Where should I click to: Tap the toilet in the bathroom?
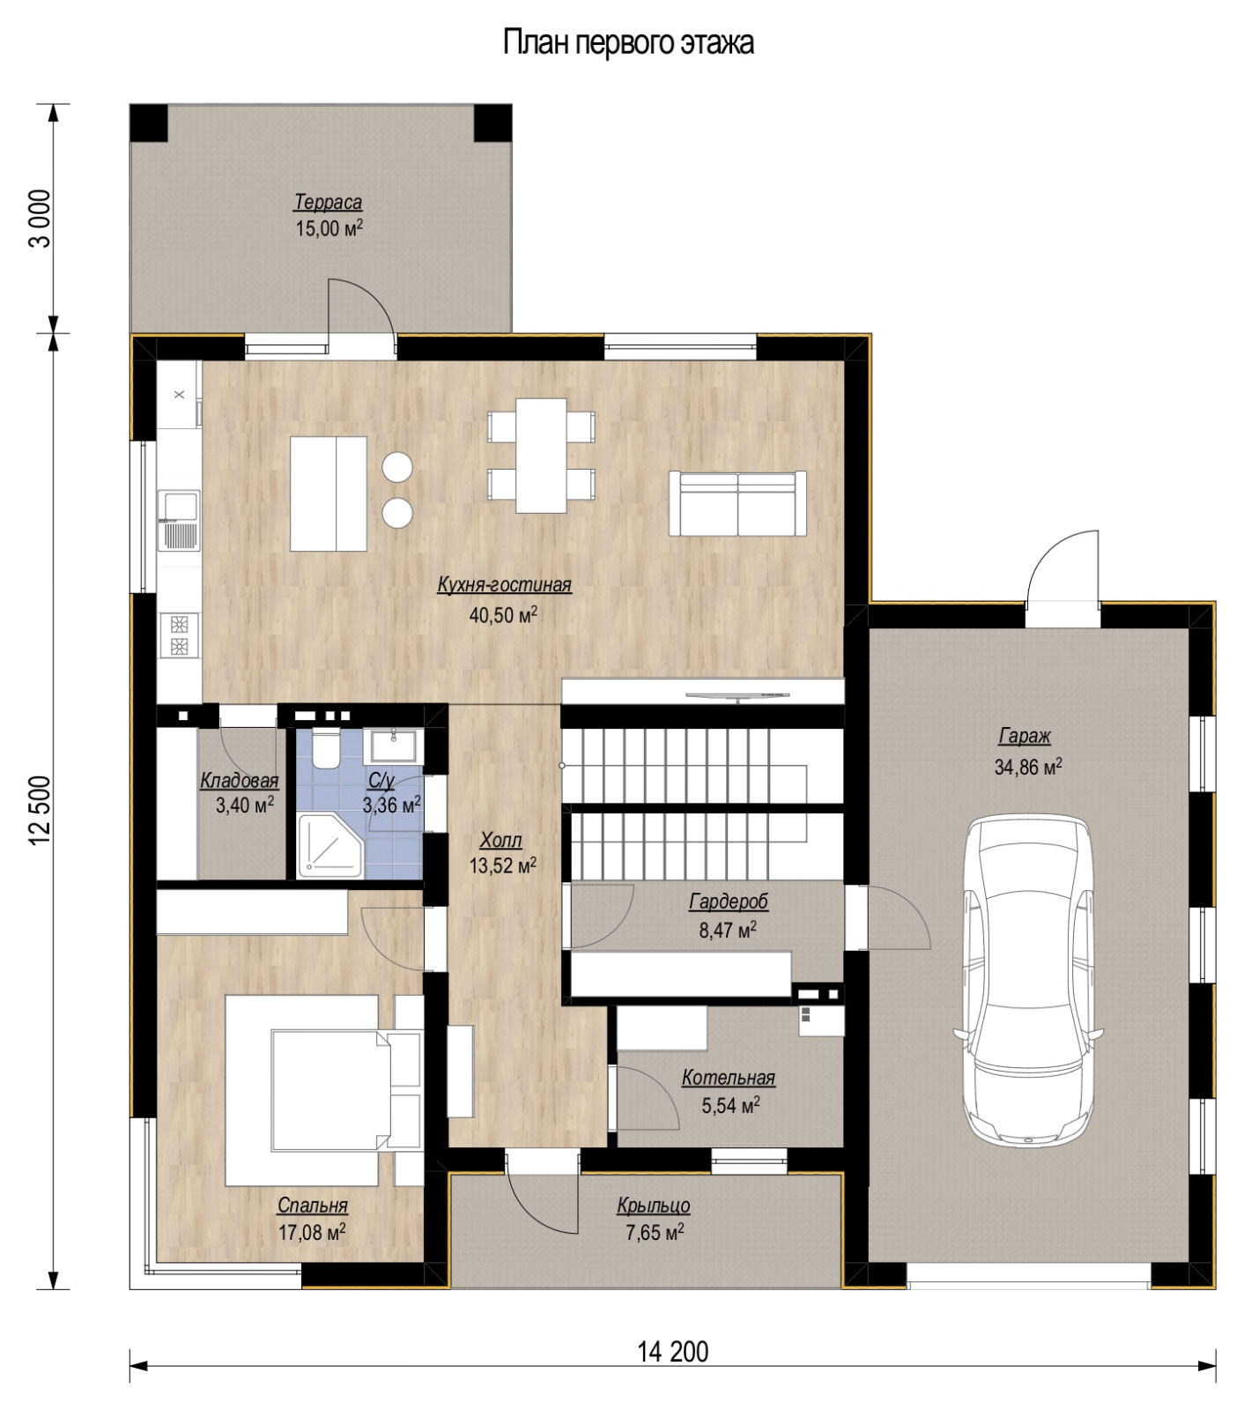pyautogui.click(x=325, y=748)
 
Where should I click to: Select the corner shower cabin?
pyautogui.click(x=328, y=846)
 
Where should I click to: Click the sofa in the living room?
pyautogui.click(x=737, y=503)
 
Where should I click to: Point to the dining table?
pyautogui.click(x=542, y=455)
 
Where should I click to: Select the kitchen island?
pyautogui.click(x=328, y=493)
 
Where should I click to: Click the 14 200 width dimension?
pyautogui.click(x=672, y=1351)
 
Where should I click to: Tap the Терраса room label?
pyautogui.click(x=328, y=203)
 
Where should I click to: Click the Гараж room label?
pyautogui.click(x=1025, y=736)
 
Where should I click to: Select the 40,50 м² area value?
pyautogui.click(x=503, y=615)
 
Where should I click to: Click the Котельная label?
pyautogui.click(x=728, y=1078)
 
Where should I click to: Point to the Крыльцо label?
pyautogui.click(x=653, y=1206)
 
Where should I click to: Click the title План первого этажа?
pyautogui.click(x=628, y=42)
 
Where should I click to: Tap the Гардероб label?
pyautogui.click(x=728, y=902)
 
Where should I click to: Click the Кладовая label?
pyautogui.click(x=239, y=781)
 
